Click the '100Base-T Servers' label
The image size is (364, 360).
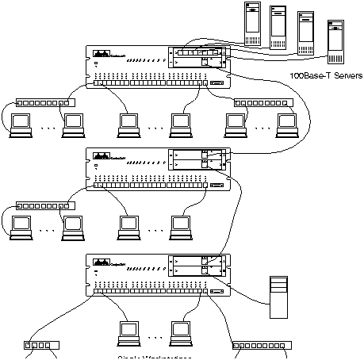pos(327,76)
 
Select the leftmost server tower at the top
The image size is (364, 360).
pos(252,22)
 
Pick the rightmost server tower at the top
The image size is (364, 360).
pos(335,40)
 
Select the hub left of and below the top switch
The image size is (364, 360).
pos(40,103)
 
